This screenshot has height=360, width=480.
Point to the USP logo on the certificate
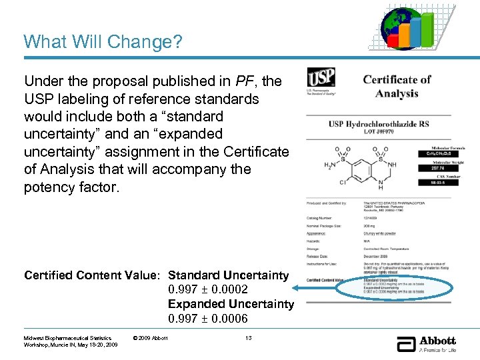321,79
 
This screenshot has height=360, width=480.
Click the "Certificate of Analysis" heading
397,86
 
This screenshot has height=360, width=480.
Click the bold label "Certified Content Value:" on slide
92,275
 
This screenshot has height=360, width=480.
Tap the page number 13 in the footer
248,339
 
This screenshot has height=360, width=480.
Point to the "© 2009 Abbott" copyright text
151,339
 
